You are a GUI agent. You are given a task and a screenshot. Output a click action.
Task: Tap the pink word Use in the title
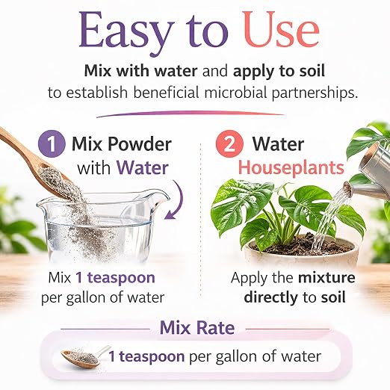click(x=282, y=30)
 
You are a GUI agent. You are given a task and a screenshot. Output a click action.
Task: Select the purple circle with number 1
click(x=52, y=143)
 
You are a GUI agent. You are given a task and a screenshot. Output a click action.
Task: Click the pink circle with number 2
click(x=229, y=143)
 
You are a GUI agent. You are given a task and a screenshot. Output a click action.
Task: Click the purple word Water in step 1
click(x=143, y=168)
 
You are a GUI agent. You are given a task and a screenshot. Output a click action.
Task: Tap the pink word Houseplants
click(x=291, y=167)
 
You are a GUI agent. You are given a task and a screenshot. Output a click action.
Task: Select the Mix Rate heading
click(x=197, y=328)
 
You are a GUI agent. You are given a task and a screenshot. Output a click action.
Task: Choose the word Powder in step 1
click(x=140, y=144)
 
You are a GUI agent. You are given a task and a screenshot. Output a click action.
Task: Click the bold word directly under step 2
click(x=270, y=298)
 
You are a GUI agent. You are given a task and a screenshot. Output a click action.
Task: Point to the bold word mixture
click(x=326, y=277)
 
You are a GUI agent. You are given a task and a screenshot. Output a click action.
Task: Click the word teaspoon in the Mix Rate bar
click(x=152, y=357)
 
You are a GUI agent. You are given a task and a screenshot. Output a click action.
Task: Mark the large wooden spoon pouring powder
click(x=37, y=164)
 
